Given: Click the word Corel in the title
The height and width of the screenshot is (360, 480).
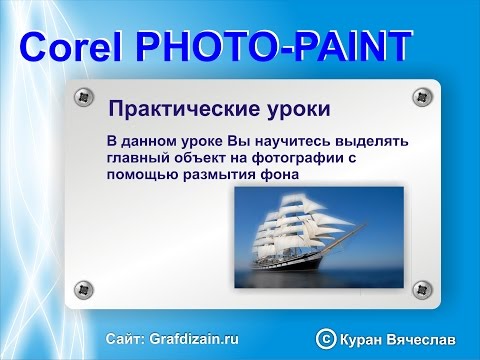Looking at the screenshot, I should [x=72, y=47].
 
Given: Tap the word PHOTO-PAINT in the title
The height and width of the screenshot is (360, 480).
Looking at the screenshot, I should [x=273, y=47].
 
